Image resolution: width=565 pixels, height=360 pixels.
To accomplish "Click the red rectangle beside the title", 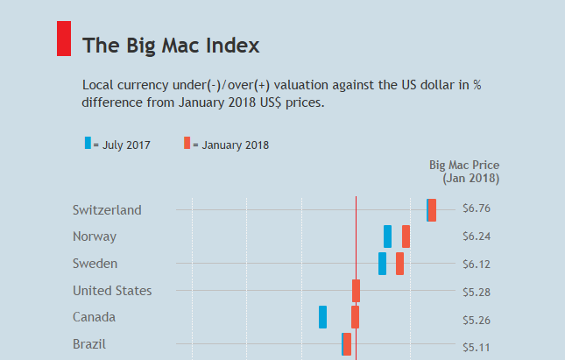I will tap(64, 39).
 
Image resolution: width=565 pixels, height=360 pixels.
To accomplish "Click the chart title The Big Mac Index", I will tap(170, 45).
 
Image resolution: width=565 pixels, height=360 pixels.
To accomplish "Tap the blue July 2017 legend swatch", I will tap(87, 144).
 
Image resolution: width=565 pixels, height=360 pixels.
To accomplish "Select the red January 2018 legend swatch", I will tap(187, 144).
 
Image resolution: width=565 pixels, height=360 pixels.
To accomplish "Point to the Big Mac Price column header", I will tap(464, 171).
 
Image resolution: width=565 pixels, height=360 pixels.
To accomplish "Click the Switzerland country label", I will tap(107, 210).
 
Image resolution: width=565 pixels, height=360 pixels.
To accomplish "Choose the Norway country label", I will tap(95, 236).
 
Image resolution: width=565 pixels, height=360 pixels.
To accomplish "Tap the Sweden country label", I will tap(95, 264).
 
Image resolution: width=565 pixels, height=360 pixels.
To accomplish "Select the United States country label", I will tap(112, 291).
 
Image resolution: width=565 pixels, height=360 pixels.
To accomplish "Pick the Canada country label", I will tap(95, 317).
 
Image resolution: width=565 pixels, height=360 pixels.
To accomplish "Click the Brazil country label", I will tap(89, 344).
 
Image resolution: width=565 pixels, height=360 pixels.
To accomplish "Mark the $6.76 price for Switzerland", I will tap(477, 209).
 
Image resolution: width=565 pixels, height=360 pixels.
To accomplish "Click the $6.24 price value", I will tap(477, 236).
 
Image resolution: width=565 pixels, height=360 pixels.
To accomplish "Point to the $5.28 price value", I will tap(477, 291).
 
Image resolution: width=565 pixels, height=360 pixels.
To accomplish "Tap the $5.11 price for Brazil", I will tap(477, 347).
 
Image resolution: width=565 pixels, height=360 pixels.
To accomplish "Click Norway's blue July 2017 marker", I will tap(387, 236).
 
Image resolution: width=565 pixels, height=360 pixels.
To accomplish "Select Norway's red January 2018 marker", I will tap(406, 236).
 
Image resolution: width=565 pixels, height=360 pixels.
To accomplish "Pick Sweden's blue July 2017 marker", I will tap(382, 264).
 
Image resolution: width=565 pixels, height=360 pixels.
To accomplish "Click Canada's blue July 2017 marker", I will tap(322, 317).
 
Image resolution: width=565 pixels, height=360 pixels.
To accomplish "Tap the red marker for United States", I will tap(356, 291).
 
